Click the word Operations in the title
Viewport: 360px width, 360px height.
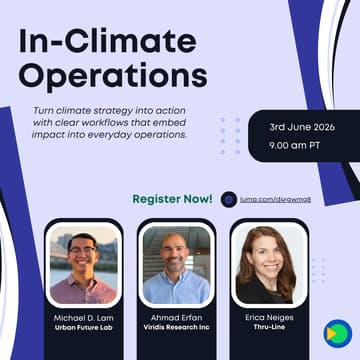coord(113,76)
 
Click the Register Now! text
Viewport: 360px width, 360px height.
coord(173,198)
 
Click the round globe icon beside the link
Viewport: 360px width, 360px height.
coord(229,199)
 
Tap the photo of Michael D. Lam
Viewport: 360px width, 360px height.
coord(84,264)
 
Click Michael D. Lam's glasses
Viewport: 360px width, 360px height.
coord(82,251)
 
